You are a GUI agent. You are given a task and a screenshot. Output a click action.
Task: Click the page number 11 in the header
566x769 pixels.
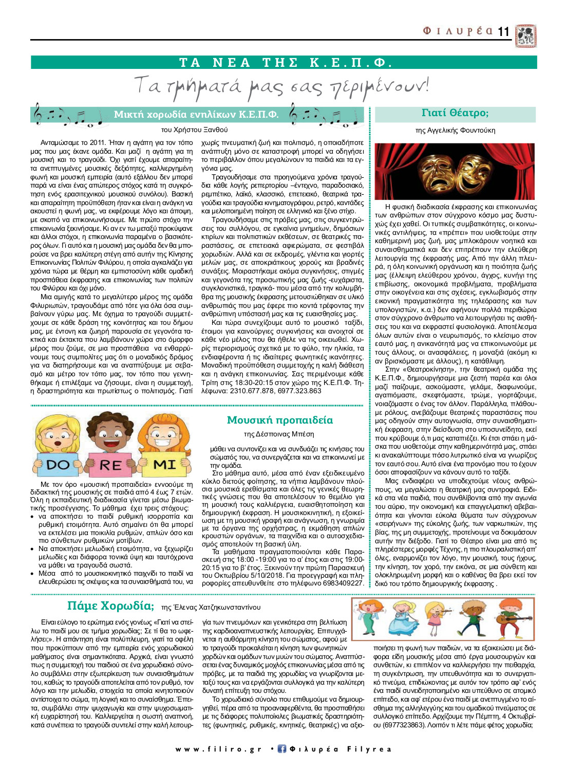tap(503, 32)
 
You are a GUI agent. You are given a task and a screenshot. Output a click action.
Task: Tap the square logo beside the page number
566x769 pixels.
tap(526, 35)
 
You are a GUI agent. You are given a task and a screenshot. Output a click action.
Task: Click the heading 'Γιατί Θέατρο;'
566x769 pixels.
tap(455, 113)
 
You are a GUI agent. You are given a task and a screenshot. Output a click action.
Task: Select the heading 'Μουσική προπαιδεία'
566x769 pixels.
tap(280, 420)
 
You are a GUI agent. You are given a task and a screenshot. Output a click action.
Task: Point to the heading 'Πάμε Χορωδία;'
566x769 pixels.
tap(110, 606)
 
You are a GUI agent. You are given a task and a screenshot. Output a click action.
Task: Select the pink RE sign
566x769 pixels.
tap(111, 464)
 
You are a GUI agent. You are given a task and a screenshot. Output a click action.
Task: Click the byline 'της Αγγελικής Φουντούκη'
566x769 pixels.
tap(455, 131)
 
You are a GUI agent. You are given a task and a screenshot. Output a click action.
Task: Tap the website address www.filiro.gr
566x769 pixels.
tap(219, 749)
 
